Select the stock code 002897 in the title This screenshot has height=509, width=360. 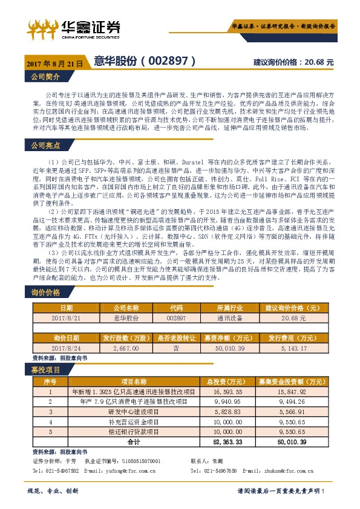(x=171, y=62)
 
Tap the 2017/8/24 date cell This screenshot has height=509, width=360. (x=66, y=348)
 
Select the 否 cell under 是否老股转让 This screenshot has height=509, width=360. (x=175, y=348)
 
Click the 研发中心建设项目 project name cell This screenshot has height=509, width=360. (x=134, y=410)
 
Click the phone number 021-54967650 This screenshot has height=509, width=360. (x=211, y=470)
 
